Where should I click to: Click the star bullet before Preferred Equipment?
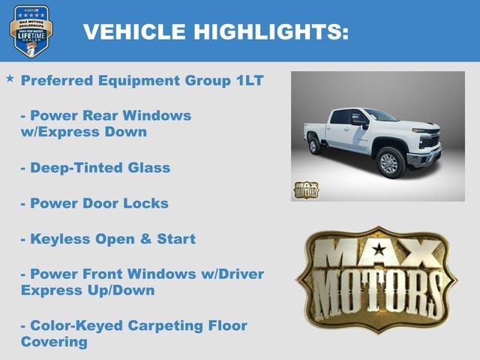10,78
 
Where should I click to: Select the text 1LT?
247,80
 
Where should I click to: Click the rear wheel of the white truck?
315,145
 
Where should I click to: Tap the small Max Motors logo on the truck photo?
305,189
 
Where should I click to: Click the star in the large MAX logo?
378,249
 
